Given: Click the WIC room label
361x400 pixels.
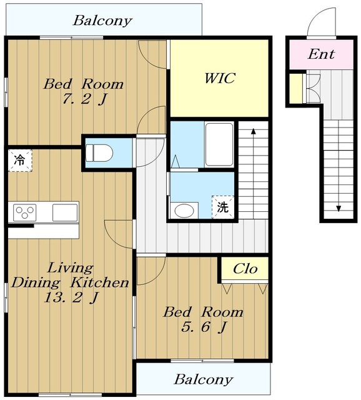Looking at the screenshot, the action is pos(219,78).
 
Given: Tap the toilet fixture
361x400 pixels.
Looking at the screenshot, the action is pos(99,153).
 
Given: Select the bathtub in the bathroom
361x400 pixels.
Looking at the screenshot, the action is pos(219,144).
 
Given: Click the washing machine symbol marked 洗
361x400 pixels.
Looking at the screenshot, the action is pos(222,207).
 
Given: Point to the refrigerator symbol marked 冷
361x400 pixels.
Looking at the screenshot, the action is pos(20,161).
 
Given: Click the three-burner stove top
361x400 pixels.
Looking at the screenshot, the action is pos(25,212).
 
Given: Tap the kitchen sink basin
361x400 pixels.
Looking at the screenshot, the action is pos(65,212).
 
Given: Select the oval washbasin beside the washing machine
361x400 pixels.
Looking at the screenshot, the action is pos(184,211).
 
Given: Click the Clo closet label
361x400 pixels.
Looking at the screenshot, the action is pos(245,269).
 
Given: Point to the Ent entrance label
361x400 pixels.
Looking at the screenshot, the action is pos(321,54).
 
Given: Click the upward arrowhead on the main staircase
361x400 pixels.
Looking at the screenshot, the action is pos(253,131).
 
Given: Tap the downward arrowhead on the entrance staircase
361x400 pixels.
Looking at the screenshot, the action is pos(339,209).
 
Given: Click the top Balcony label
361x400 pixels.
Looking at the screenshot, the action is pos(102,21).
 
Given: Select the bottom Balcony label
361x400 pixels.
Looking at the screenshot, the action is pos(204,379).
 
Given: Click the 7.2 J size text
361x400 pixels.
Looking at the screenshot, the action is pos(84,99).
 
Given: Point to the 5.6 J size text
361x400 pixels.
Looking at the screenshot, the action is pos(204,327).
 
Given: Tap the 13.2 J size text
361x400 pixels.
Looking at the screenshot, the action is pos(71,297).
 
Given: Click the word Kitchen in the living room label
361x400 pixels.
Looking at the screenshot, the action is pos(99,282).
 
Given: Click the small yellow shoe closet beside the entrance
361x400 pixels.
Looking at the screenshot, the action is pos(296,89).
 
